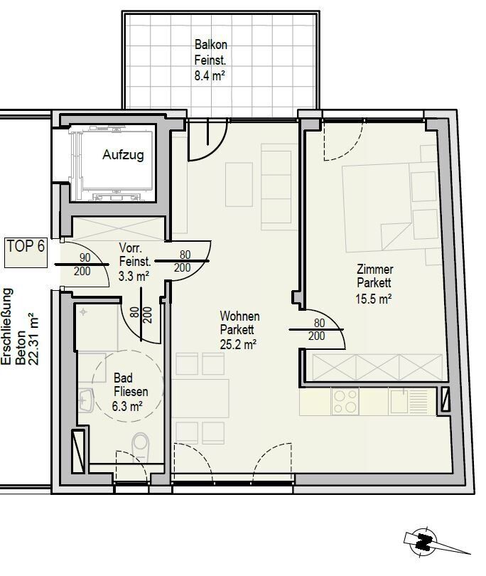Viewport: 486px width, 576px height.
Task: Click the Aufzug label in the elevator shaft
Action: [x=123, y=154]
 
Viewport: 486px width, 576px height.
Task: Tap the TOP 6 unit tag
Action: [x=26, y=246]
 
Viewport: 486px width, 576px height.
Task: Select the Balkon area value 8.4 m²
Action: [x=210, y=75]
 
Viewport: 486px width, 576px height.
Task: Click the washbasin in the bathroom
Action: [x=86, y=400]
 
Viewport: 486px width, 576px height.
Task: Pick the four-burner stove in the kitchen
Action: [x=345, y=402]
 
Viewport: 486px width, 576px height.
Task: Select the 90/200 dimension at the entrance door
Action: [x=82, y=265]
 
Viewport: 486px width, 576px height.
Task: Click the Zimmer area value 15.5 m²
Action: [x=373, y=299]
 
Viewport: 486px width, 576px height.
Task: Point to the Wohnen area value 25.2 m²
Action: [x=238, y=344]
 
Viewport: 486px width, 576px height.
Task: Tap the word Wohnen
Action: [x=239, y=316]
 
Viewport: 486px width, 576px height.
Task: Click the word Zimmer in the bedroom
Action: [x=374, y=270]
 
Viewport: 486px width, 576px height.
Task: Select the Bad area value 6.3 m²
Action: [x=127, y=406]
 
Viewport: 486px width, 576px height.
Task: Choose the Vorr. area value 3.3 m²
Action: [x=134, y=276]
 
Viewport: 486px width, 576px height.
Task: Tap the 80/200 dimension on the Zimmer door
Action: [x=317, y=329]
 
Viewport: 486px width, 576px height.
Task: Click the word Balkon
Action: [x=211, y=45]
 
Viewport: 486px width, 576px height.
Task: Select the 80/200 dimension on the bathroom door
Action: [x=141, y=315]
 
